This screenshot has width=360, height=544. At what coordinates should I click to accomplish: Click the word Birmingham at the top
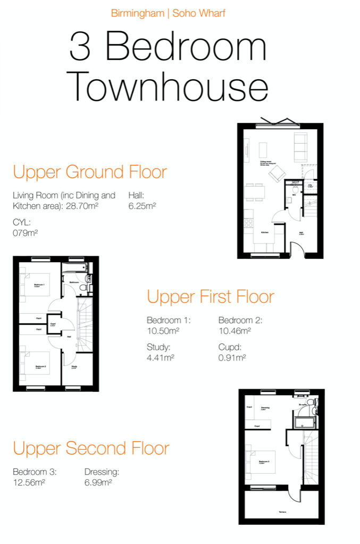137,13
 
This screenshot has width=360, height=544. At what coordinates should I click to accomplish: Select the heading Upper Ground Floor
89,172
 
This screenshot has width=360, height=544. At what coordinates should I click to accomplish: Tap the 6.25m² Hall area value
141,206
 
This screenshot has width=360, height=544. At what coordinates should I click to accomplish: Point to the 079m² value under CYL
25,232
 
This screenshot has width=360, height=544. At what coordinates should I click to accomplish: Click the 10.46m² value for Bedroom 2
235,331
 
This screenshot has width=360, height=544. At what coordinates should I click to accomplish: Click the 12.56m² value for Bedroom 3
29,482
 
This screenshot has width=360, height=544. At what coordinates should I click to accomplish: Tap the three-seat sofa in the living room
300,148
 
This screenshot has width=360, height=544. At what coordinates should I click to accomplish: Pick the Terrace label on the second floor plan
282,512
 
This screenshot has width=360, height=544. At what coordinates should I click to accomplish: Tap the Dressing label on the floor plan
265,408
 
